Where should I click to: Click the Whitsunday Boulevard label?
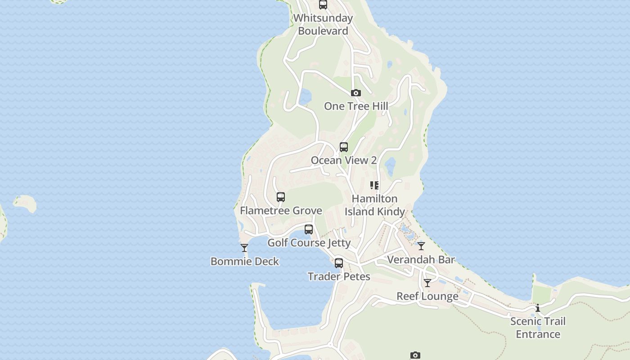[x=323, y=24]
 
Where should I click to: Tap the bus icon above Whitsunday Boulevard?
[x=323, y=5]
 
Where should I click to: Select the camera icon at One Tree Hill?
[x=355, y=93]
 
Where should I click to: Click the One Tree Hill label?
[x=355, y=106]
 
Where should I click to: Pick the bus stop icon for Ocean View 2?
[x=343, y=147]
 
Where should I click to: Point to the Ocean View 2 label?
[x=343, y=160]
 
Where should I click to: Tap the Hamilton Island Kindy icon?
[x=374, y=185]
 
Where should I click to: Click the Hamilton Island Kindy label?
[x=374, y=205]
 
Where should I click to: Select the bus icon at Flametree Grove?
[x=280, y=197]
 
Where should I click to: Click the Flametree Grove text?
[x=281, y=210]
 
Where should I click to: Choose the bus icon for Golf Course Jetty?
[x=308, y=229]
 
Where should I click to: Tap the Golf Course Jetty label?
[x=309, y=243]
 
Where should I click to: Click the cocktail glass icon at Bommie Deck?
[x=244, y=248]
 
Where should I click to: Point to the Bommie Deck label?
[x=244, y=261]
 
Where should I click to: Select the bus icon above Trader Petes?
[x=338, y=263]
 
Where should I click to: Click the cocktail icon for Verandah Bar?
[x=421, y=246]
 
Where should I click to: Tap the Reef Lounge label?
[x=427, y=296]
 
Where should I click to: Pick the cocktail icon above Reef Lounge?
[x=427, y=283]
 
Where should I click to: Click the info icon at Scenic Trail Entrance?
[x=537, y=308]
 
